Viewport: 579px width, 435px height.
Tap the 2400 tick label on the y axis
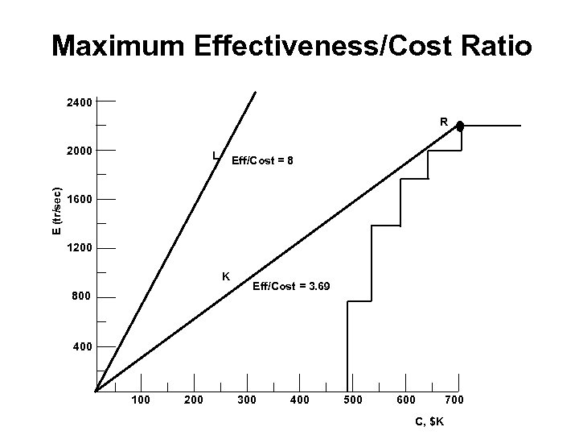point(79,102)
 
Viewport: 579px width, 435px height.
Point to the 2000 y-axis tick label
point(79,151)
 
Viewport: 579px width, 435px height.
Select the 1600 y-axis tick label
point(79,200)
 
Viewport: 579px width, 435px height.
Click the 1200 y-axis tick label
point(79,249)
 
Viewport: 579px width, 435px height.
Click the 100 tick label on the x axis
point(142,400)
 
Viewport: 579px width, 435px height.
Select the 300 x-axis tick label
point(245,400)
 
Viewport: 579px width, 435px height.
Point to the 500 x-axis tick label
point(353,400)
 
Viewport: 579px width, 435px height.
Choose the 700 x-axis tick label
point(454,400)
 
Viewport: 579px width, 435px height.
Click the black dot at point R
point(460,126)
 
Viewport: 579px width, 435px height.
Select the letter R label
point(443,122)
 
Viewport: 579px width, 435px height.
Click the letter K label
point(227,276)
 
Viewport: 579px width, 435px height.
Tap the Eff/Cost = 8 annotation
point(262,161)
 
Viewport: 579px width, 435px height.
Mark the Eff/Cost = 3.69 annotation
point(290,287)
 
